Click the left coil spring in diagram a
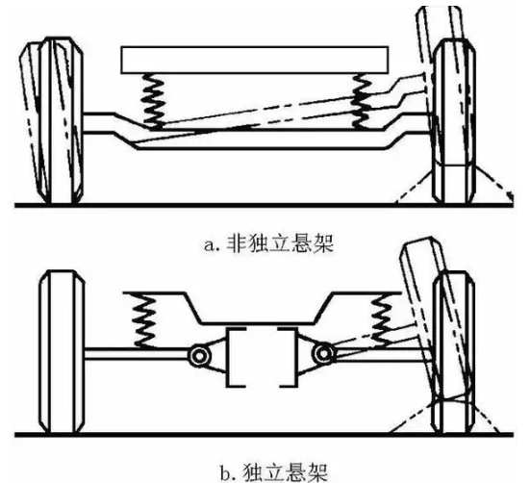152,101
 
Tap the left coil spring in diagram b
144,320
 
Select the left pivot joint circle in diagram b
199,356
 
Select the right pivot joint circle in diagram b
323,354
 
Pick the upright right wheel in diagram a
454,121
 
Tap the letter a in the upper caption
210,245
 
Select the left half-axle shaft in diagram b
137,353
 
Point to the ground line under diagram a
264,205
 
